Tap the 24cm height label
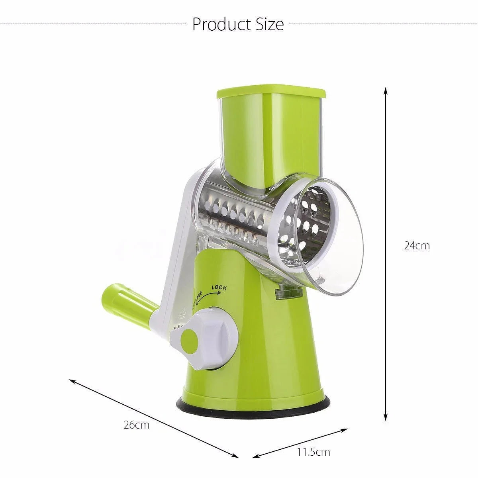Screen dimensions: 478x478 [417, 245]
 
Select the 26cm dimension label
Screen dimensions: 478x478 [136, 425]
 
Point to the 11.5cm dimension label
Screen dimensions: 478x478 [313, 452]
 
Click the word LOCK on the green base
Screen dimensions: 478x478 [219, 288]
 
